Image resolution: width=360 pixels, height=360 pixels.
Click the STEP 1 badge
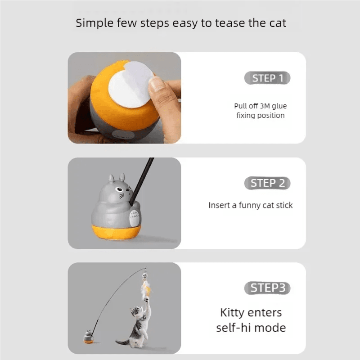(267, 78)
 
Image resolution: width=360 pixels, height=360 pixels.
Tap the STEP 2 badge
(267, 183)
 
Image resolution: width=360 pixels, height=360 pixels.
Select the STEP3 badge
(267, 288)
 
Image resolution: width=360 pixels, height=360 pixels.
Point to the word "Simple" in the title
(94, 23)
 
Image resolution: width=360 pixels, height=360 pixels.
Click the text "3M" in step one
(265, 106)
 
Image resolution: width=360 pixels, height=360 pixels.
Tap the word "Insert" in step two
(219, 205)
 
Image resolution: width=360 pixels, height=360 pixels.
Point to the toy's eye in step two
(119, 189)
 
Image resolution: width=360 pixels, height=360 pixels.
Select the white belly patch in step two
(134, 218)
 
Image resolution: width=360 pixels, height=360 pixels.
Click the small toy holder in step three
(88, 337)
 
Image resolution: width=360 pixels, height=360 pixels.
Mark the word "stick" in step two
(284, 205)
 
